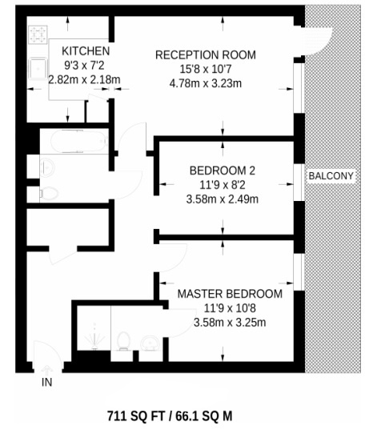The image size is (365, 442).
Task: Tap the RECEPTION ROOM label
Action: pyautogui.click(x=205, y=54)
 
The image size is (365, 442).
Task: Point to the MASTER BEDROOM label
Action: pyautogui.click(x=230, y=294)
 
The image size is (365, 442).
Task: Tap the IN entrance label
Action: pyautogui.click(x=47, y=383)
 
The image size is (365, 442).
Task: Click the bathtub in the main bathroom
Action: pyautogui.click(x=77, y=143)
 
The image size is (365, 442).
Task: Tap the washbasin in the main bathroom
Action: pyautogui.click(x=45, y=167)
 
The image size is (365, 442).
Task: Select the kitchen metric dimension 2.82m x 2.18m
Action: pyautogui.click(x=84, y=79)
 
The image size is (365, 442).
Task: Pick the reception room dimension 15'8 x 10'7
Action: pyautogui.click(x=205, y=69)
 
